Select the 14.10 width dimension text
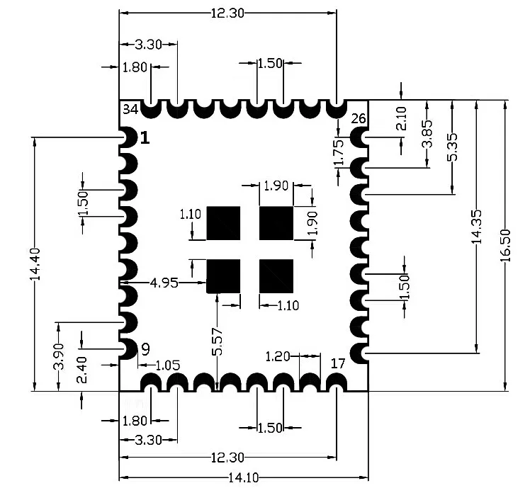pos(243,477)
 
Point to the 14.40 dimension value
pos(34,264)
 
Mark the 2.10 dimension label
pos(402,118)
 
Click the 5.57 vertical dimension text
pos(218,341)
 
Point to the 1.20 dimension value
pos(278,356)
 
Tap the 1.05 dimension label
pos(167,365)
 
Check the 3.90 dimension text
pos(59,356)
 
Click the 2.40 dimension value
pos(83,370)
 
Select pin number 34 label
pos(130,109)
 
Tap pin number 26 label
pos(359,118)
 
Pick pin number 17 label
pos(338,363)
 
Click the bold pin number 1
pos(145,137)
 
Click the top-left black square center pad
pos(223,223)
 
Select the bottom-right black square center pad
pos(276,276)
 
